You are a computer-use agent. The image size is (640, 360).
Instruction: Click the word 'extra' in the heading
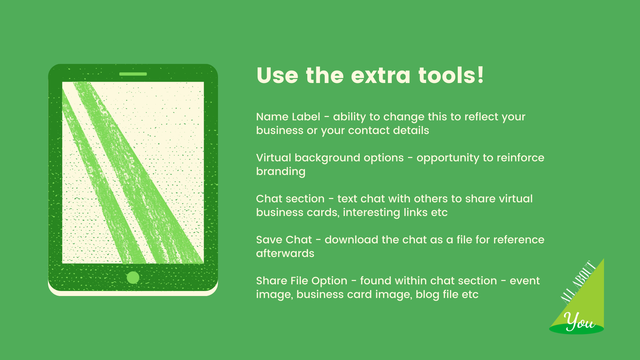(x=380, y=76)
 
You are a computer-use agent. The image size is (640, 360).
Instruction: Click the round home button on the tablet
(x=133, y=277)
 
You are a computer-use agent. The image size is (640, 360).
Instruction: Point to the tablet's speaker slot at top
(x=133, y=74)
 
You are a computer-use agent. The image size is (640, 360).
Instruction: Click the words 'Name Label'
(x=288, y=117)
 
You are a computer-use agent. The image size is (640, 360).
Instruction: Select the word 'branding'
(x=281, y=172)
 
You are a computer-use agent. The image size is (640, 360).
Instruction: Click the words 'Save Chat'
(x=284, y=240)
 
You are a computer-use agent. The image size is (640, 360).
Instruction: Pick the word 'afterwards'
(x=285, y=253)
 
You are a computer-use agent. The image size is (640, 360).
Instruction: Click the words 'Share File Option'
(x=302, y=281)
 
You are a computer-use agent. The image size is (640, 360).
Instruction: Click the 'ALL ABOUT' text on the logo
(x=578, y=283)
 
